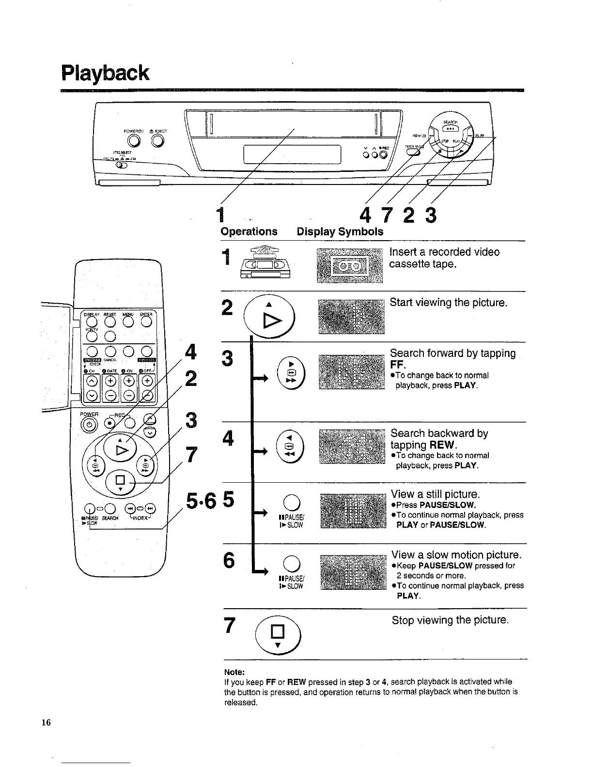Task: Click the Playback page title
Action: tap(105, 73)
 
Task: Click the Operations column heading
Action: tap(249, 231)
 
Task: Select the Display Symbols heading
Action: tap(340, 231)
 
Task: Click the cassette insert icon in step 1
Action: tap(265, 263)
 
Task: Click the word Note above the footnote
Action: tap(234, 672)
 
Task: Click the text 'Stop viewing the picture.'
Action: tap(450, 620)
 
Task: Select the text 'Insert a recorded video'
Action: tap(444, 252)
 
